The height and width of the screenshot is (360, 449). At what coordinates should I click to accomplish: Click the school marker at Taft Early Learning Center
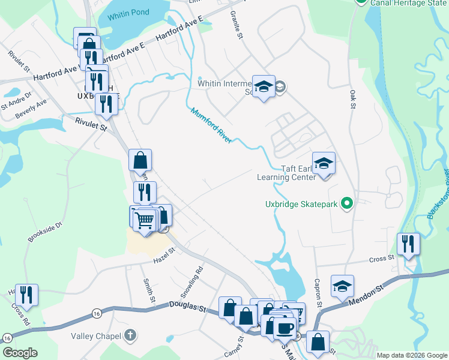tap(324, 164)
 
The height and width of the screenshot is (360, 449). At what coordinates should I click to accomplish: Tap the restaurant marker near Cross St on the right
tap(408, 244)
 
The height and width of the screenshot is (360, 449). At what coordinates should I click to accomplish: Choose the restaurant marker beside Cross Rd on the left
tap(26, 295)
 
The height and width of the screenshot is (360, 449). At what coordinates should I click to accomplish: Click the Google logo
tap(20, 352)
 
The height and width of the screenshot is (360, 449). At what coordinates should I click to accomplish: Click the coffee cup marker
tap(285, 328)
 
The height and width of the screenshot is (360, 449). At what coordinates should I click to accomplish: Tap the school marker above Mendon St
tap(342, 286)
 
